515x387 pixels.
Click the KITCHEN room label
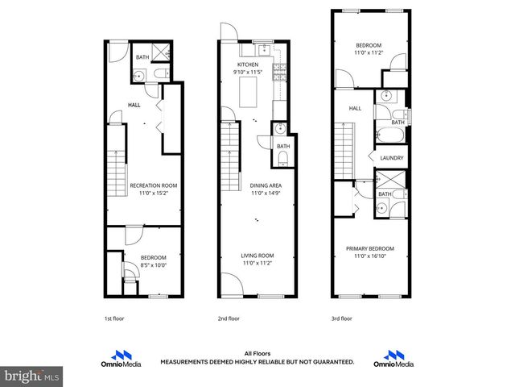point(246,64)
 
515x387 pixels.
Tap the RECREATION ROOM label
point(153,185)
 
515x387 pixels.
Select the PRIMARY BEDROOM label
point(370,248)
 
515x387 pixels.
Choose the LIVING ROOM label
point(257,256)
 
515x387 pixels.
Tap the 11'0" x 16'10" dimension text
point(370,256)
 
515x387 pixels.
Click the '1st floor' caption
point(113,318)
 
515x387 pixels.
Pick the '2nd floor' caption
point(229,318)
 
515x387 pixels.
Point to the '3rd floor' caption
point(342,318)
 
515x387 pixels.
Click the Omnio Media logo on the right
point(394,357)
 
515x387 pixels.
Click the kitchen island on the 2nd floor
point(248,95)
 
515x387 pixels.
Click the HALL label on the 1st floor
point(135,104)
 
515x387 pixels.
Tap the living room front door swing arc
point(232,285)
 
